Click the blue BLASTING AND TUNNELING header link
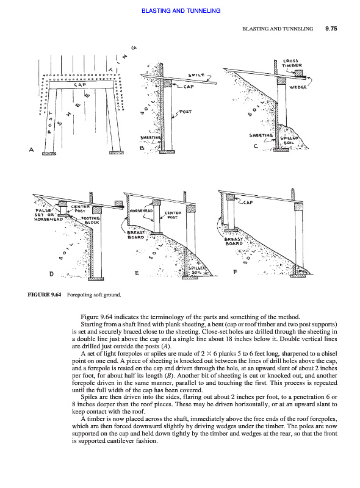coord(181,10)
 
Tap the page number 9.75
coord(331,29)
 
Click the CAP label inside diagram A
coord(80,85)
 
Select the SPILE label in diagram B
coord(196,75)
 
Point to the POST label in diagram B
coord(185,112)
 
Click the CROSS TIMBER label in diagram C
coord(292,63)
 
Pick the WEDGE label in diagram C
coord(298,87)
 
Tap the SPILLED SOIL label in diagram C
coord(289,140)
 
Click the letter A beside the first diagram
coord(31,149)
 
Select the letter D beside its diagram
coord(51,274)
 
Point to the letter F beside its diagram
coord(235,271)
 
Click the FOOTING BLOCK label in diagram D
coord(90,220)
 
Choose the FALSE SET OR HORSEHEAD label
coord(48,215)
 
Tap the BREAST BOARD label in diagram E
coord(136,235)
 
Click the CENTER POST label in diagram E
coord(173,215)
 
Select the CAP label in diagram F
coord(248,203)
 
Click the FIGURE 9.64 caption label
coord(45,295)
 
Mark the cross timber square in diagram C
coord(298,74)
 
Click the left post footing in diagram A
coord(49,153)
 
